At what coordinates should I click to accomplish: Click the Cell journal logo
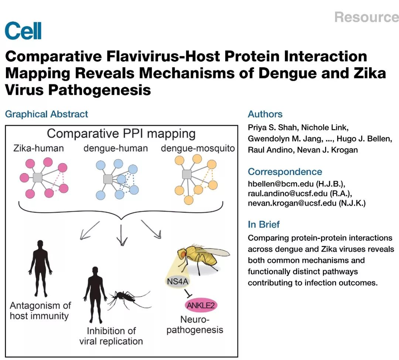[23, 31]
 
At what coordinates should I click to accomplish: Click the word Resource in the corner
[366, 17]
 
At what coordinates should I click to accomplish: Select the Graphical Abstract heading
[47, 114]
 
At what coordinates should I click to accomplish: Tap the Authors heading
[265, 114]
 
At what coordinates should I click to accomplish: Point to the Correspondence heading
[285, 172]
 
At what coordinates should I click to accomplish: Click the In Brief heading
[264, 224]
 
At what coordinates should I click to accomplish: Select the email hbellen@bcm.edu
[276, 183]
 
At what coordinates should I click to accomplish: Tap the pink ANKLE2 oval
[201, 305]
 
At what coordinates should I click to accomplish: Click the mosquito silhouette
[127, 297]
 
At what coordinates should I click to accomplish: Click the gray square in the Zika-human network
[37, 178]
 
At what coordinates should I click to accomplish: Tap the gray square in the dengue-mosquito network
[187, 174]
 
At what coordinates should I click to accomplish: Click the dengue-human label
[115, 148]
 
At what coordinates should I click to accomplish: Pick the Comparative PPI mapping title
[121, 133]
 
